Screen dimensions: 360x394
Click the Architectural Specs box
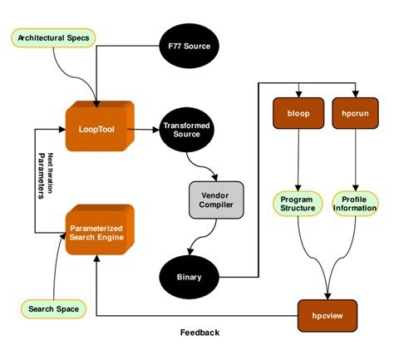tap(55, 37)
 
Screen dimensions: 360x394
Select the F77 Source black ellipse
tap(190, 45)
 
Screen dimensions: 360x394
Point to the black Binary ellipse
tap(190, 276)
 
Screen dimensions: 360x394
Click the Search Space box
tap(54, 309)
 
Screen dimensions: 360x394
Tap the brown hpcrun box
tap(355, 112)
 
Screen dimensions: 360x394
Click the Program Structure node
tap(297, 203)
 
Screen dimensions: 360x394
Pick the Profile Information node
tap(355, 203)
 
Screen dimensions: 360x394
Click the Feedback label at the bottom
tap(200, 333)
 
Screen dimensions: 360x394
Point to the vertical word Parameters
tap(41, 175)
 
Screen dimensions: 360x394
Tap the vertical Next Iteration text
tap(51, 175)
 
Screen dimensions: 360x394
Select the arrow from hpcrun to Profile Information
tap(355, 158)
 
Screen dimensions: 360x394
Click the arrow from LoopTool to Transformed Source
tap(146, 128)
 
